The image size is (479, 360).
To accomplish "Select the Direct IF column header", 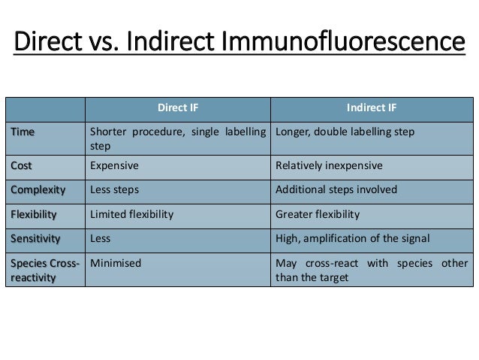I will click(x=178, y=107).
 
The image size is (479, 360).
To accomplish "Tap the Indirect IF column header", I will click(x=372, y=107).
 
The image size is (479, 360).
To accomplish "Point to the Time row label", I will click(x=23, y=132).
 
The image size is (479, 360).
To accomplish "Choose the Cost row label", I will click(x=22, y=165).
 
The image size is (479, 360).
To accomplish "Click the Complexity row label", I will click(x=38, y=190).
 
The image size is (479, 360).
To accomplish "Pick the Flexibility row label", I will click(x=34, y=215).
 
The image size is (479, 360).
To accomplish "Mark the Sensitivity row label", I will click(x=35, y=239).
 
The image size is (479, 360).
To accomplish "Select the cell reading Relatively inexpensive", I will click(x=330, y=165).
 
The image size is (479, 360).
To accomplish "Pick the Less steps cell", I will click(x=114, y=190).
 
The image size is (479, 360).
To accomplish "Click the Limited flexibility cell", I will click(x=132, y=215).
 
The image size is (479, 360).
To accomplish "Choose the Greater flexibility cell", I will click(x=318, y=215).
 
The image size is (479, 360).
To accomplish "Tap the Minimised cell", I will click(x=114, y=264).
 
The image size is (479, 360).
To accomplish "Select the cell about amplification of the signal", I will click(x=353, y=239).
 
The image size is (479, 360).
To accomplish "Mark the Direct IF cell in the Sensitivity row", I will click(x=101, y=239).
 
